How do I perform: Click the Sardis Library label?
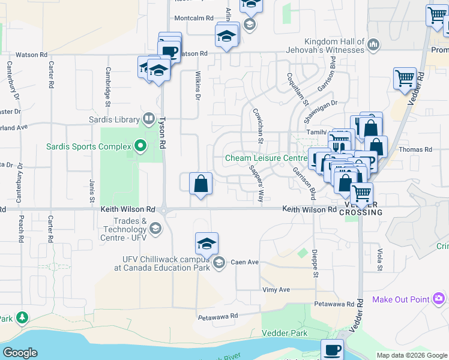pos(114,118)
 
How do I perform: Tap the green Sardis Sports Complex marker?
pos(140,146)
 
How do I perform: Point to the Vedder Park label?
pos(284,333)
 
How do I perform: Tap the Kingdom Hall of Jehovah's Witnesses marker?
pos(373,44)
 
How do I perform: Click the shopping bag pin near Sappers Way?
pos(200,184)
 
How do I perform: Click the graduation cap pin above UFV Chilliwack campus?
pos(206,243)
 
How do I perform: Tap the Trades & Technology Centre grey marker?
pos(155,227)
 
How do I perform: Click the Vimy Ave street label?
pos(276,289)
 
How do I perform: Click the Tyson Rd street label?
pos(162,133)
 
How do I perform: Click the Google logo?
pos(20,353)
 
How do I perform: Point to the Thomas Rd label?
pos(415,149)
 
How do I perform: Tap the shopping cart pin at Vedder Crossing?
pos(361,194)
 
